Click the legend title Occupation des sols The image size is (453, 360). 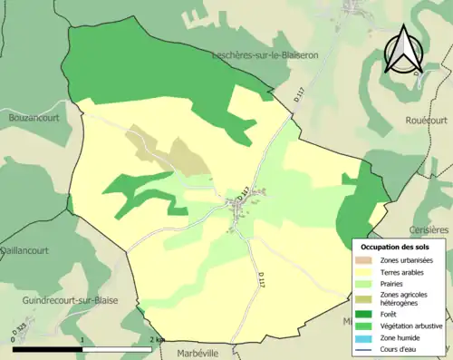point(397,247)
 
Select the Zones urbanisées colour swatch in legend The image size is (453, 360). point(365,260)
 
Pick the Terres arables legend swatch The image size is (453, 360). point(365,271)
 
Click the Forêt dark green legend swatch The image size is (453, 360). point(365,314)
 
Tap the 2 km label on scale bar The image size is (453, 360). point(156,339)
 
